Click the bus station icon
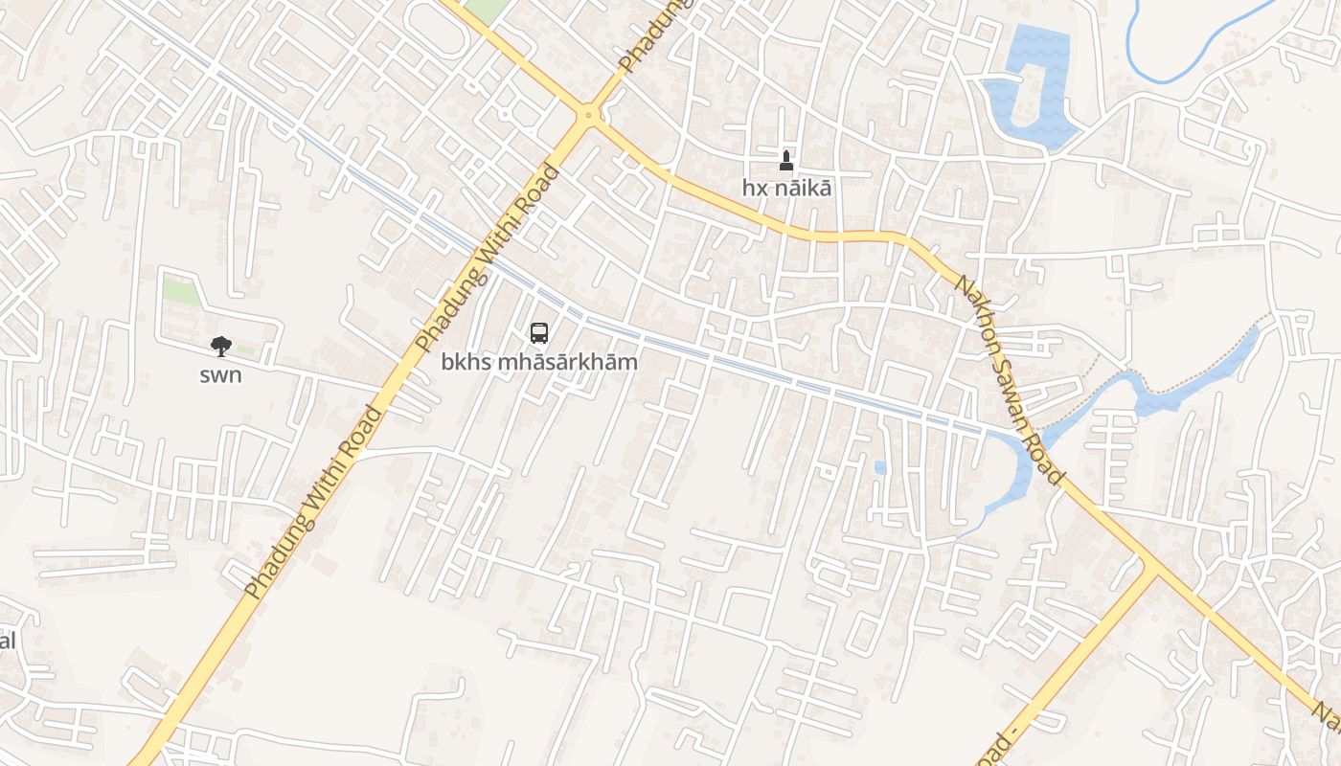pos(539,333)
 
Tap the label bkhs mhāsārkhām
pos(539,363)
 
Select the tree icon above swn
pos(220,346)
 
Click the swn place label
pos(220,374)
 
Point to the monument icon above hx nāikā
pos(786,159)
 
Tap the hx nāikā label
pos(786,188)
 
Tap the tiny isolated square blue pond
pos(879,467)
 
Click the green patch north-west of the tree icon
pos(181,291)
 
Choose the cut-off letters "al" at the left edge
pos(7,641)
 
